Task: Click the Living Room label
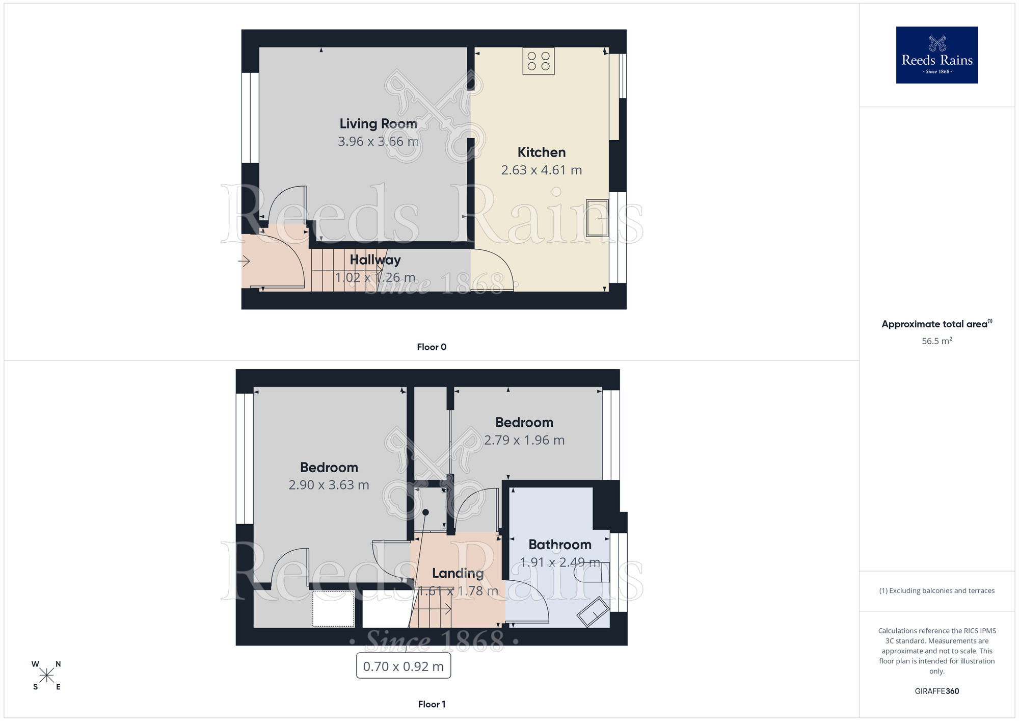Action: pyautogui.click(x=378, y=123)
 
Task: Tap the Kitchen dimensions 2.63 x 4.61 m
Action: pyautogui.click(x=541, y=170)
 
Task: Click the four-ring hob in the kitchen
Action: pyautogui.click(x=538, y=61)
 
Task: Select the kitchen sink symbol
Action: pyautogui.click(x=597, y=218)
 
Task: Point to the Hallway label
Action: pyautogui.click(x=375, y=260)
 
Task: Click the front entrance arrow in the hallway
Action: pyautogui.click(x=244, y=262)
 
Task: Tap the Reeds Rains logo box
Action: pyautogui.click(x=936, y=55)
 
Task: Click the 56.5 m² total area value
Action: pyautogui.click(x=936, y=341)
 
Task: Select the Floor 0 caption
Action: pyautogui.click(x=432, y=347)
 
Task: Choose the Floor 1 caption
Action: pyautogui.click(x=432, y=704)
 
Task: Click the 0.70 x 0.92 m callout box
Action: pyautogui.click(x=403, y=666)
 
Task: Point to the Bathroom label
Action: pyautogui.click(x=559, y=545)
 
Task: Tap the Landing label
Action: pyautogui.click(x=458, y=573)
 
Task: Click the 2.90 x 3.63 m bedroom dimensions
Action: pyautogui.click(x=329, y=485)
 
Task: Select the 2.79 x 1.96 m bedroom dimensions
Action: pyautogui.click(x=524, y=440)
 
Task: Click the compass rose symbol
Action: pyautogui.click(x=46, y=676)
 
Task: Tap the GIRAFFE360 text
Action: pyautogui.click(x=936, y=691)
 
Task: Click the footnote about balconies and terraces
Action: pyautogui.click(x=936, y=590)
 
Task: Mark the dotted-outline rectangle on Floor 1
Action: pyautogui.click(x=333, y=608)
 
